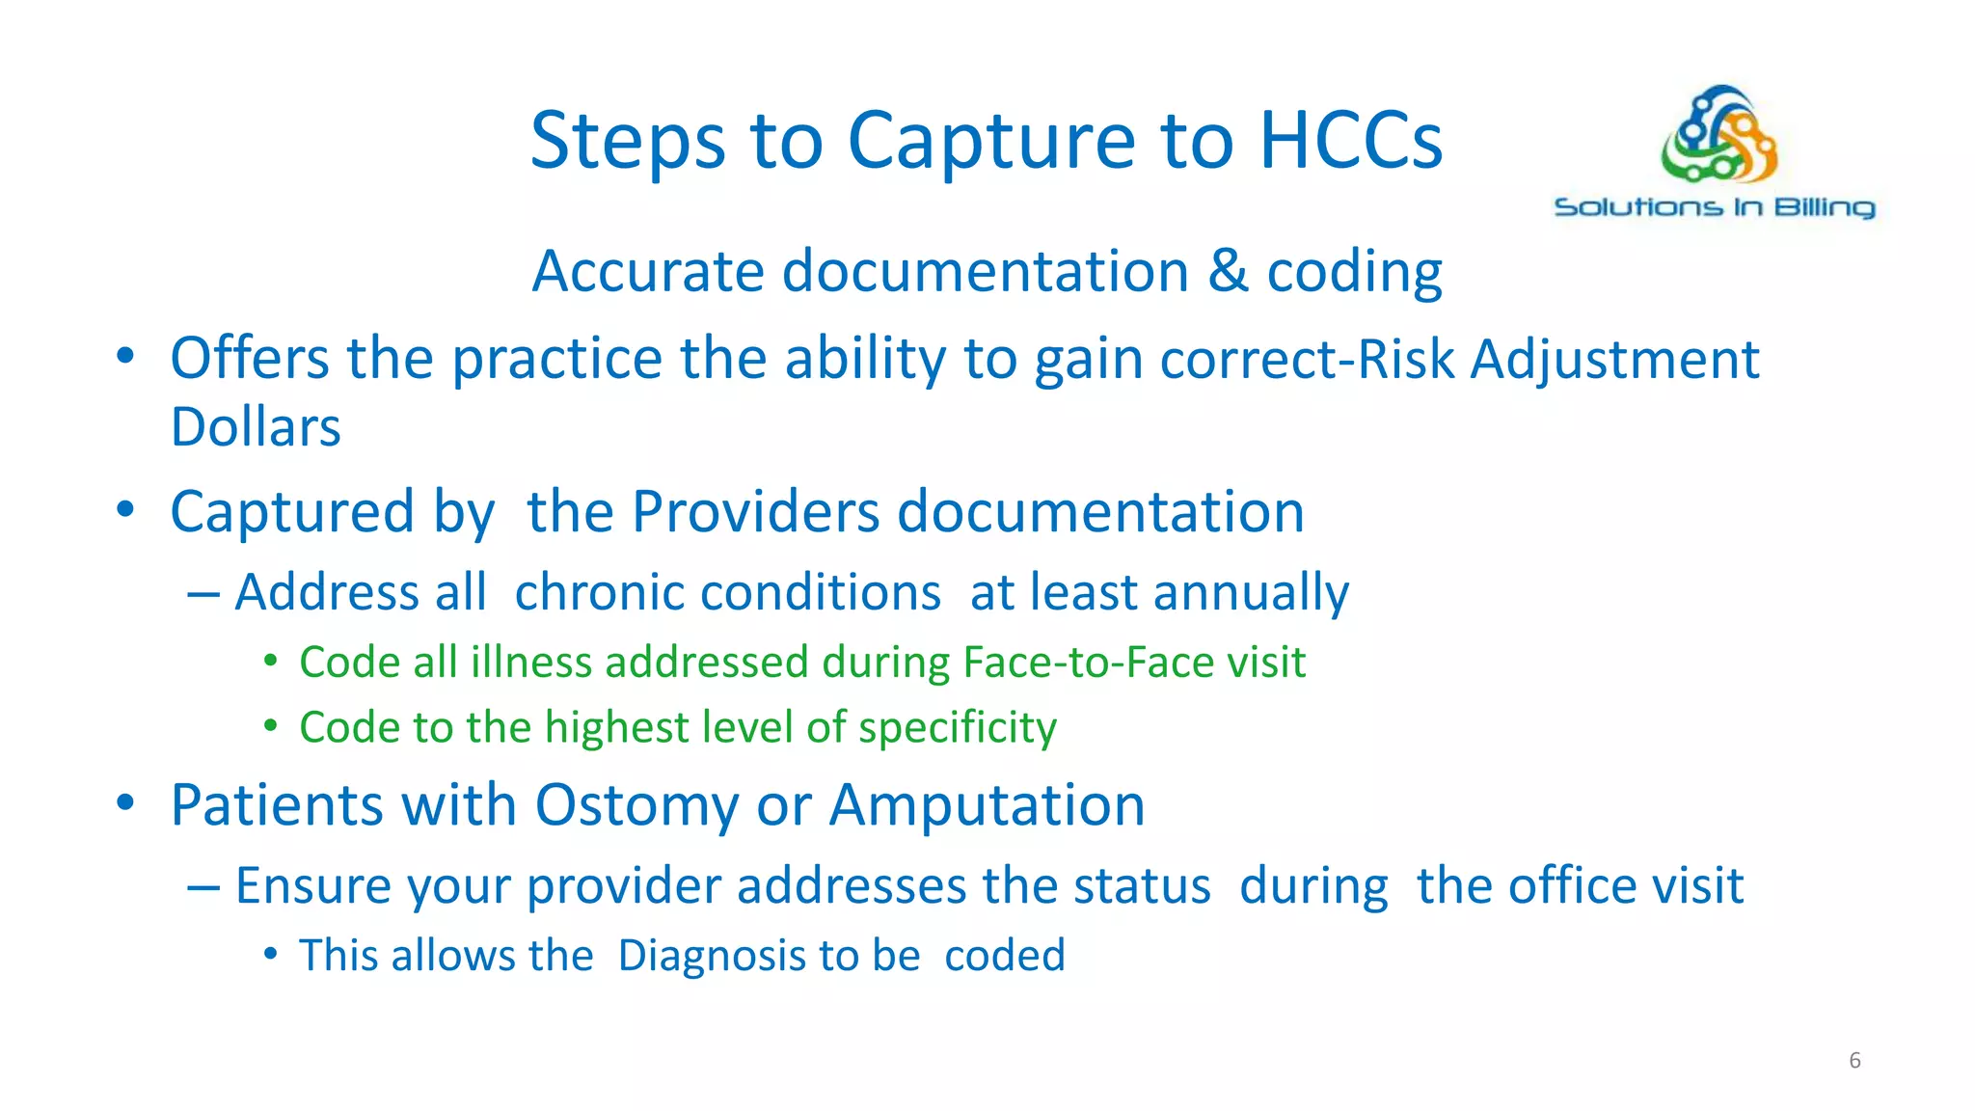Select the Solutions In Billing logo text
click(x=1715, y=207)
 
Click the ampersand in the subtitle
click(x=1228, y=270)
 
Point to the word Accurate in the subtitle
click(x=648, y=270)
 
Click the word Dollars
click(x=256, y=427)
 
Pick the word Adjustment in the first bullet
click(x=1615, y=360)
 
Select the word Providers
click(x=755, y=511)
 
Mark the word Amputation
click(x=987, y=805)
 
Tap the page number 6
click(x=1854, y=1061)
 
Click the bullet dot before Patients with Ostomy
click(x=125, y=802)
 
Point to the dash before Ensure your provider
click(x=203, y=885)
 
